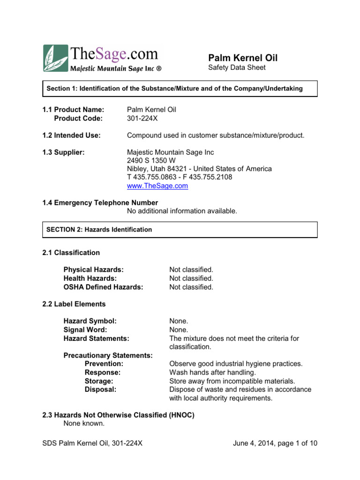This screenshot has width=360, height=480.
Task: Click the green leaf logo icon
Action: (56, 59)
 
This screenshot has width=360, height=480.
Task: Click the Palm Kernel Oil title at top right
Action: (243, 58)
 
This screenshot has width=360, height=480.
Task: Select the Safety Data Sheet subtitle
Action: (236, 68)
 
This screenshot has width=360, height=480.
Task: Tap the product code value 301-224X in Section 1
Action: (142, 118)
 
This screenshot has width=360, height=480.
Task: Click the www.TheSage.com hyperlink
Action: (157, 186)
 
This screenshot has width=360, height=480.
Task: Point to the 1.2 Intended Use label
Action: (72, 135)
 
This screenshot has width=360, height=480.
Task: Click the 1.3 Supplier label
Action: (63, 152)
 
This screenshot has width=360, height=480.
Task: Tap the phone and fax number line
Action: (180, 177)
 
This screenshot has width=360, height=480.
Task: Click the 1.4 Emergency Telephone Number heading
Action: (100, 202)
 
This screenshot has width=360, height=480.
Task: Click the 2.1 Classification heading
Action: (71, 253)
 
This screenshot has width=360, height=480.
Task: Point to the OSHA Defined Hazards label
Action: (103, 287)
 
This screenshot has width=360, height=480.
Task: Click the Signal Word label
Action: (86, 330)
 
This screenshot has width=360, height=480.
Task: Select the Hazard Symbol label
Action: (90, 321)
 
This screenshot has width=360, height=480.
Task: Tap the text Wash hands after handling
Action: (212, 372)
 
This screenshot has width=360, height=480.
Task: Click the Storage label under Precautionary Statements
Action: (99, 381)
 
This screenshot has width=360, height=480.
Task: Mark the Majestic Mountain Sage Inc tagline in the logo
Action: (116, 69)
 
